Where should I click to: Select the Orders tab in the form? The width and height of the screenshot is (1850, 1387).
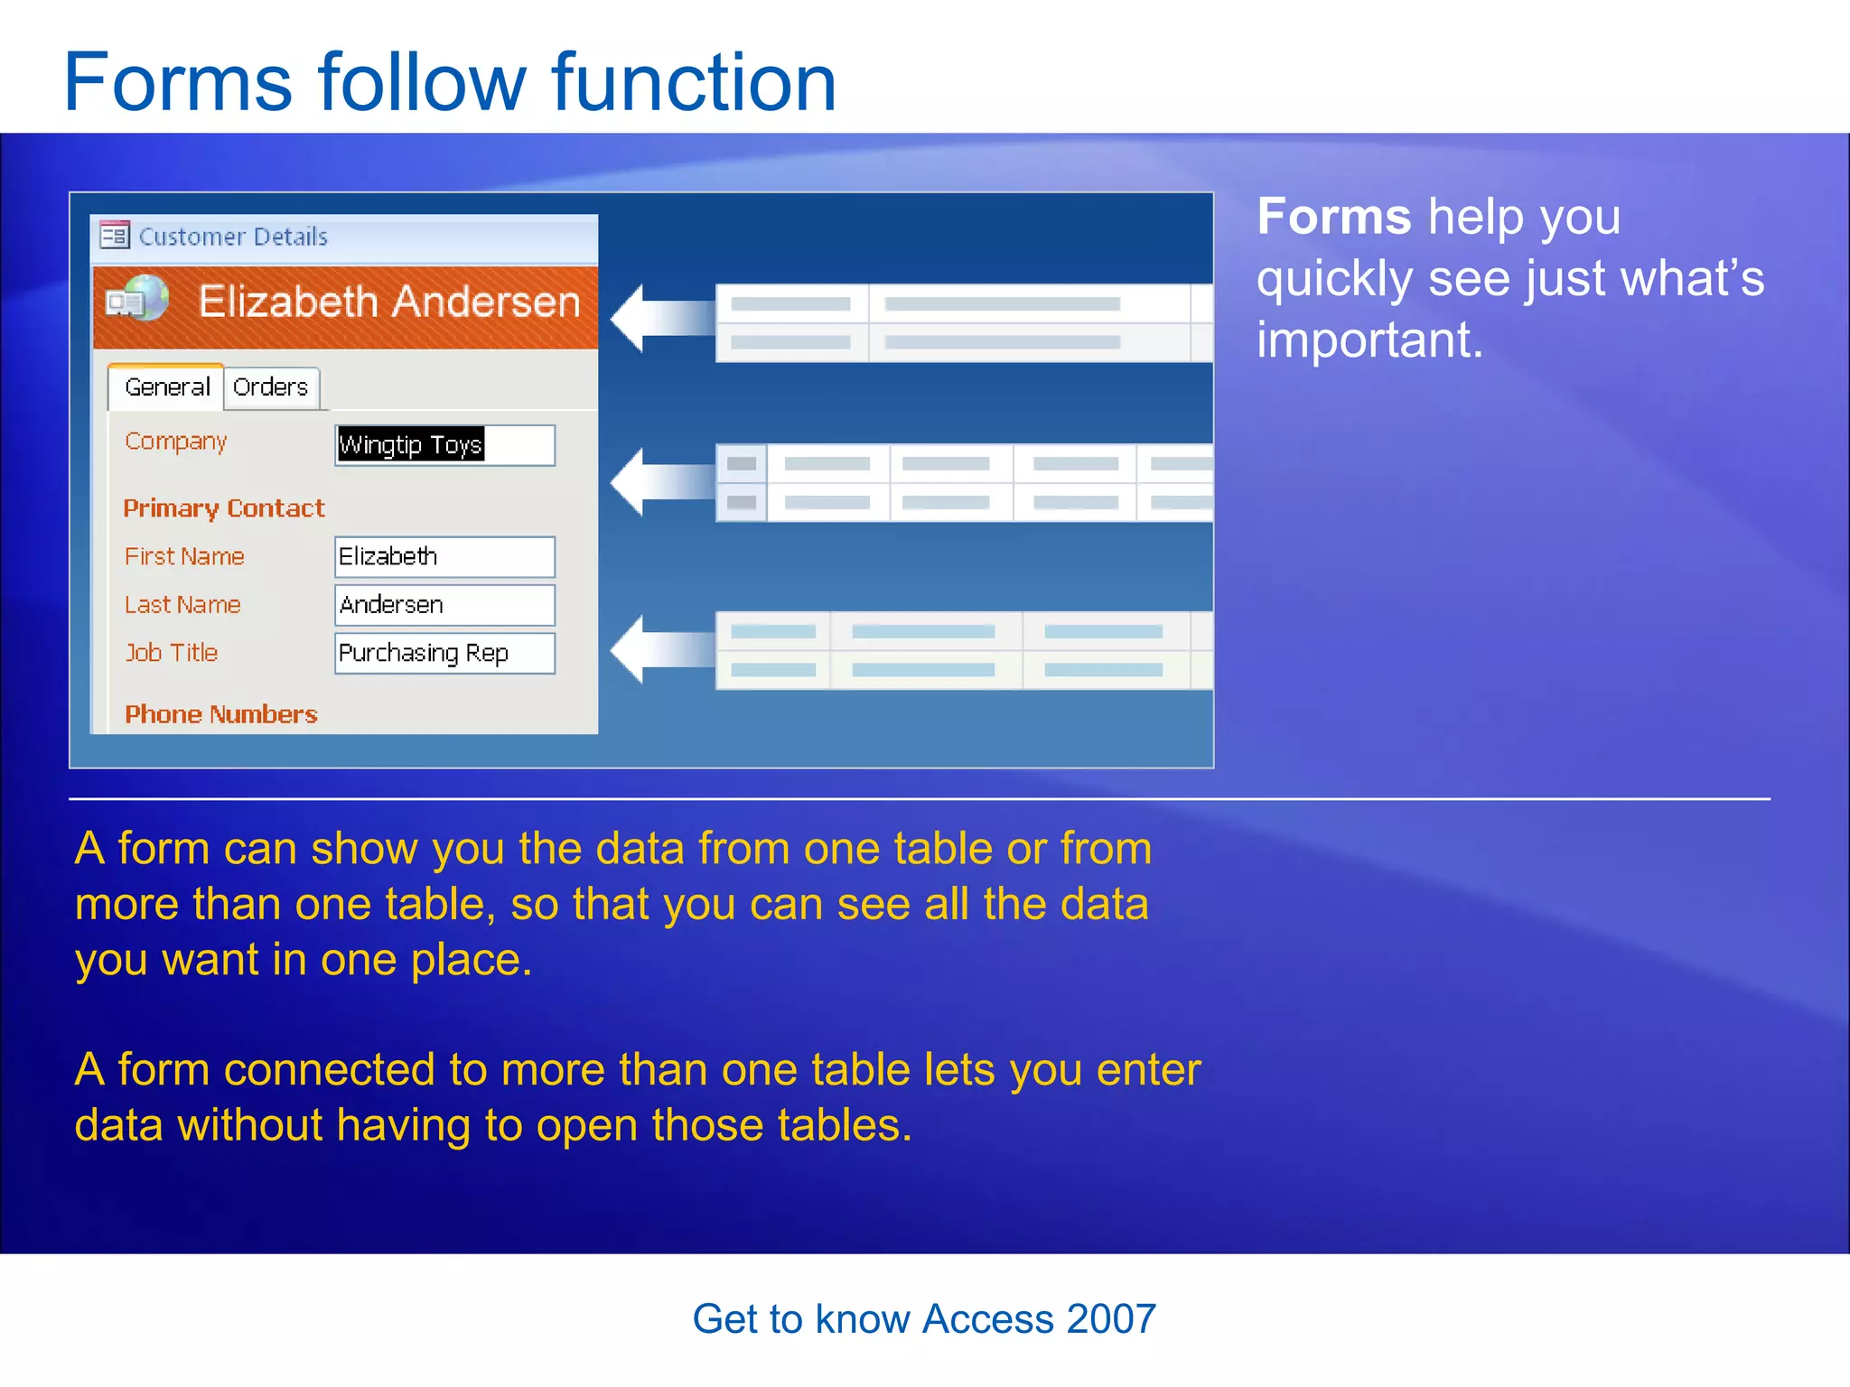pos(270,387)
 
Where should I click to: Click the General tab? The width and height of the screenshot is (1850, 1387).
pos(167,387)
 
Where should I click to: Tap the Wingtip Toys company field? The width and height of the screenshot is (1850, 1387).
pos(444,445)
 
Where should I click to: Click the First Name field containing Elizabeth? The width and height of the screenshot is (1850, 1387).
pos(444,557)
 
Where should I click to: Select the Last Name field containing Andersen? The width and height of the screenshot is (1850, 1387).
pos(444,605)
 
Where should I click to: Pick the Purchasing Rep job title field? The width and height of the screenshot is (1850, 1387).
pos(444,653)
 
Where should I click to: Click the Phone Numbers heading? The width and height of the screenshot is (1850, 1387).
pos(221,714)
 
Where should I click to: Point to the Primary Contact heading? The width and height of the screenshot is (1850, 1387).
pos(223,508)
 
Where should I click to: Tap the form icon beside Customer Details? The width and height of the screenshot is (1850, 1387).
pos(115,236)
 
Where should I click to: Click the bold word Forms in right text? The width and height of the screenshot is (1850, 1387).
pos(1333,218)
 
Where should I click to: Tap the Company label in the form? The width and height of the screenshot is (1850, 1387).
pos(175,442)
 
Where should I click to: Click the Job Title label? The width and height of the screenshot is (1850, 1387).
pos(172,653)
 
